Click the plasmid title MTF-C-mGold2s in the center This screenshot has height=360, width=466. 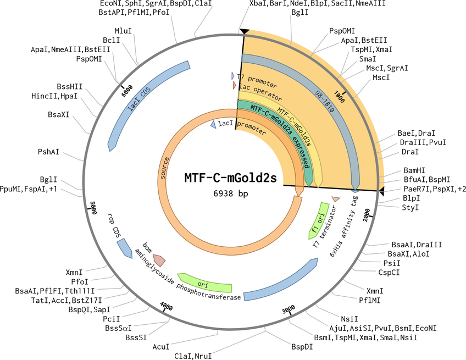pos(231,178)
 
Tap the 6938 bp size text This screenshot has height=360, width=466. pos(231,193)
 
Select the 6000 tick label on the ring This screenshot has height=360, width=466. pos(127,91)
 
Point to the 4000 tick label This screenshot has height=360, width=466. pos(167,306)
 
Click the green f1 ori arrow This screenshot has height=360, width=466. pos(319,220)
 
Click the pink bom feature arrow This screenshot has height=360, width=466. pos(159,260)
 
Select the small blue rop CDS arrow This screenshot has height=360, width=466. pos(125,248)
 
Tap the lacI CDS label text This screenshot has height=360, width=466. pos(139,99)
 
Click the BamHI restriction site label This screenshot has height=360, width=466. pos(414,170)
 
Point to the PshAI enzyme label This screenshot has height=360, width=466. pos(48,152)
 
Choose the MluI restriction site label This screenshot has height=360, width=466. pos(123,31)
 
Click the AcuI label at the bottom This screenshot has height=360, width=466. pos(161,347)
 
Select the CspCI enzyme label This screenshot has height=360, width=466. pos(389,272)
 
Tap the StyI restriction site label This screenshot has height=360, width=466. pos(410,207)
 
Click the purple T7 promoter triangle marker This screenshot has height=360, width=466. pos(232,76)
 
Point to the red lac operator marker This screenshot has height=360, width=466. pos(235,86)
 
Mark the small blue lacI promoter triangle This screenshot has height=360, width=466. pos(213,124)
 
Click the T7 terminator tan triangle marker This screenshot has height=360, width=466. pos(336,200)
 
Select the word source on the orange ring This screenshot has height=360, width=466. pos(164,168)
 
